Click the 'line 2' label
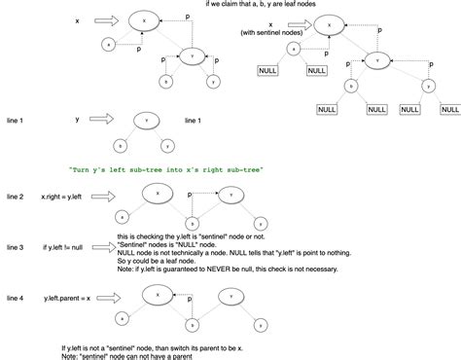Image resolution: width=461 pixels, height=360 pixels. tap(15, 197)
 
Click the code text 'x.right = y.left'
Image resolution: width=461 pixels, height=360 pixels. tap(62, 197)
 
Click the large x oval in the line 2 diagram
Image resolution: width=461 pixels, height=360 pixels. tap(157, 194)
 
